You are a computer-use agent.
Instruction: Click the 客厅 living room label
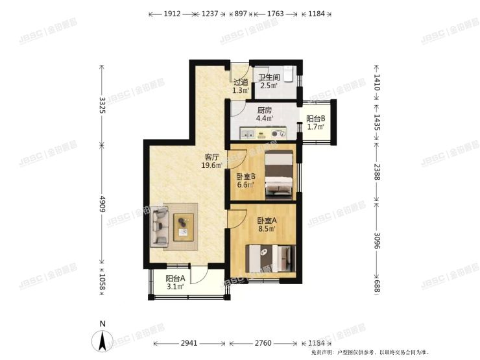[211, 157]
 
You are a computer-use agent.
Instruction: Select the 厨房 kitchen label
[264, 110]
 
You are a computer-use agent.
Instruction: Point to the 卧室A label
[267, 220]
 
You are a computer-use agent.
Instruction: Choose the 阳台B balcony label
[315, 119]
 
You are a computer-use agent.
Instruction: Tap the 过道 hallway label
[241, 82]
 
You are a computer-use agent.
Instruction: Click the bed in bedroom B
[280, 173]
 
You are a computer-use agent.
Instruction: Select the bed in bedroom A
[269, 259]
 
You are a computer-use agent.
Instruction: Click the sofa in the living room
[160, 226]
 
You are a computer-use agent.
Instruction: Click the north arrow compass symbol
[102, 339]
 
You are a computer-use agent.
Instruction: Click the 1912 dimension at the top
[171, 14]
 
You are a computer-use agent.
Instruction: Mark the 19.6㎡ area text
[211, 165]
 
